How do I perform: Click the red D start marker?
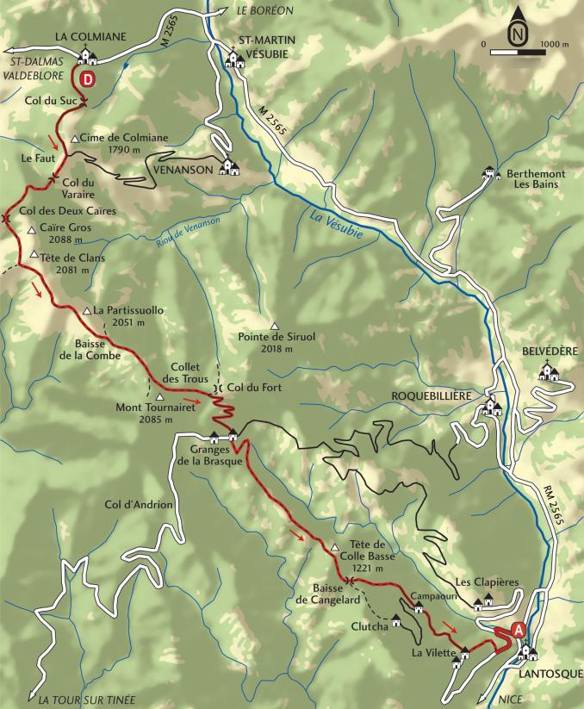88,78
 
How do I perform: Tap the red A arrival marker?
519,630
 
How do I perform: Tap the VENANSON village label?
183,170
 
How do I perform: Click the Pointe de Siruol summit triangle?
275,326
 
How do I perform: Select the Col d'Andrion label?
139,505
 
